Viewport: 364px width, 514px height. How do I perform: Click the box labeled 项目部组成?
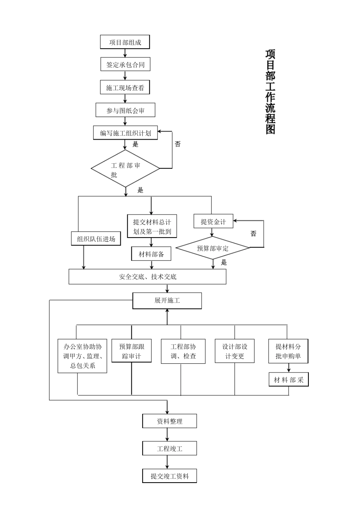pyautogui.click(x=125, y=42)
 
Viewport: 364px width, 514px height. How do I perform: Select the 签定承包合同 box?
pyautogui.click(x=125, y=65)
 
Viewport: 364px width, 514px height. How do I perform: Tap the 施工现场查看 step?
pyautogui.click(x=125, y=88)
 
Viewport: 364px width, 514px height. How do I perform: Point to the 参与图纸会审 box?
pyautogui.click(x=125, y=111)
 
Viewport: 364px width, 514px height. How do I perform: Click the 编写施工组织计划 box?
pyautogui.click(x=125, y=133)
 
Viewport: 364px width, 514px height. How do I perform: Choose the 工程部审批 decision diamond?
pyautogui.click(x=125, y=169)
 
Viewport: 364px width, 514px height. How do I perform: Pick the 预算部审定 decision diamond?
pyautogui.click(x=213, y=248)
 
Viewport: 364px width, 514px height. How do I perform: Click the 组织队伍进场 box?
pyautogui.click(x=96, y=239)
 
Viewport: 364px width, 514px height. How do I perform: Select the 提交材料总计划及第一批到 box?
pyautogui.click(x=152, y=226)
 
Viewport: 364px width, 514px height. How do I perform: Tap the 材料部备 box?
pyautogui.click(x=151, y=254)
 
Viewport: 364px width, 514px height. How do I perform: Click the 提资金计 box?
pyautogui.click(x=213, y=221)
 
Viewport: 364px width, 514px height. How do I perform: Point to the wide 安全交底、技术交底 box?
pyautogui.click(x=148, y=277)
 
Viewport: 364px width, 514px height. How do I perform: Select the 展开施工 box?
pyautogui.click(x=167, y=301)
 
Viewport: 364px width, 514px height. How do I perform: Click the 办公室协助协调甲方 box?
pyautogui.click(x=82, y=356)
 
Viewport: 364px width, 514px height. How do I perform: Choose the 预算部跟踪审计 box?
pyautogui.click(x=131, y=351)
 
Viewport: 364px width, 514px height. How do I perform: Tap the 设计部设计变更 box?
pyautogui.click(x=234, y=351)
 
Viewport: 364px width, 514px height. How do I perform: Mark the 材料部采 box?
pyautogui.click(x=288, y=380)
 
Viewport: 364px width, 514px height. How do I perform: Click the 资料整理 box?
pyautogui.click(x=169, y=421)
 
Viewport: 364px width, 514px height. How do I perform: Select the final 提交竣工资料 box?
pyautogui.click(x=169, y=476)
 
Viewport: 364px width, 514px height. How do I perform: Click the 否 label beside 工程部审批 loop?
pyautogui.click(x=177, y=144)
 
